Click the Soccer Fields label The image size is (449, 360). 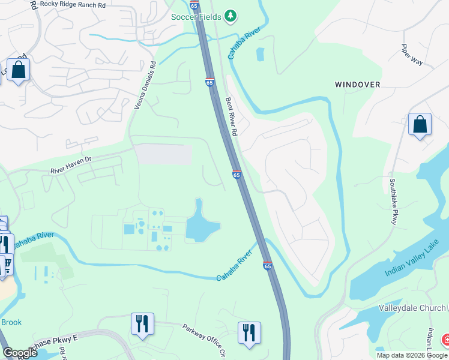[x=196, y=17]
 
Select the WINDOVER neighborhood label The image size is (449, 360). [x=357, y=85]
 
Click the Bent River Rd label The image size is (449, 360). [x=232, y=116]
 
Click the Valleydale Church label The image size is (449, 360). [x=412, y=308]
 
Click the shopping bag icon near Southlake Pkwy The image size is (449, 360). [x=420, y=125]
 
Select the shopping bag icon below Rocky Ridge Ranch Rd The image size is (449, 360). [x=19, y=70]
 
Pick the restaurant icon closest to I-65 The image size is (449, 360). [x=249, y=334]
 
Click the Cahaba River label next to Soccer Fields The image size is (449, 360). [x=238, y=44]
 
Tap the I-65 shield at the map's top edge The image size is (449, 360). [x=194, y=5]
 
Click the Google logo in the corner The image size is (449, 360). [x=20, y=353]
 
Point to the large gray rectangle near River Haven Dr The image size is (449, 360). [x=163, y=154]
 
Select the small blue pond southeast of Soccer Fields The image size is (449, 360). [x=259, y=55]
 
